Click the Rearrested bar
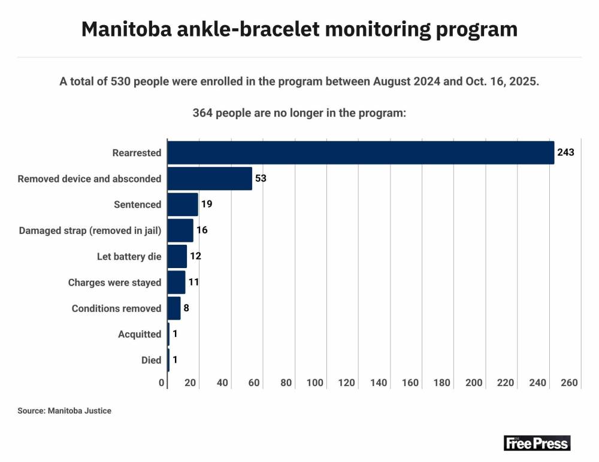pos(361,153)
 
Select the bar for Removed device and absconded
pos(210,178)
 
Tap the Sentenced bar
pos(183,205)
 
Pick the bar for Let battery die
pos(177,256)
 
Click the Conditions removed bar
pos(174,308)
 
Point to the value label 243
pos(565,153)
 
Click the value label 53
pos(261,178)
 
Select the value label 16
pos(202,230)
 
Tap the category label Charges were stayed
pos(114,282)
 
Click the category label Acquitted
pos(140,334)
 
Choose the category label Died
pos(151,360)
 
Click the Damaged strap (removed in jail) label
pos(90,230)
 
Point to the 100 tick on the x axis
pos(315,383)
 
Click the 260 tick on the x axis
pos(570,383)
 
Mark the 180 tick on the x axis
pos(443,383)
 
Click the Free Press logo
pos(537,443)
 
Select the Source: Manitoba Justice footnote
pos(65,411)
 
